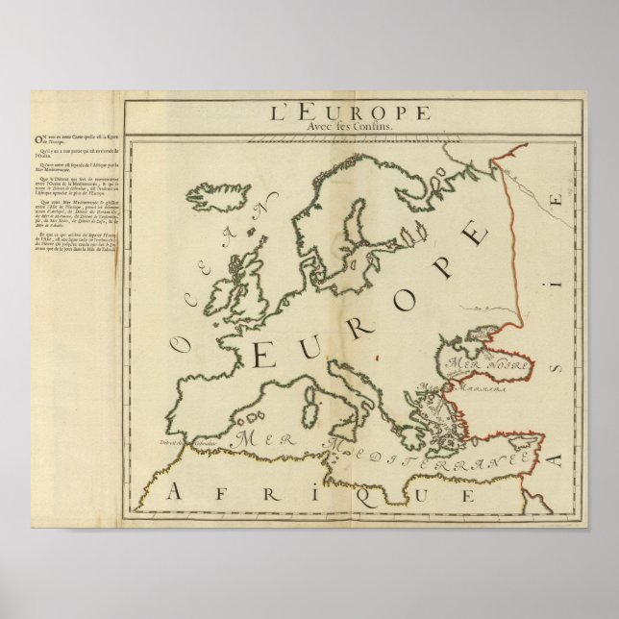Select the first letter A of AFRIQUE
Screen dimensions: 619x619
click(174, 493)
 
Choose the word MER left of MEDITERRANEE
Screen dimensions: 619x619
click(256, 437)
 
